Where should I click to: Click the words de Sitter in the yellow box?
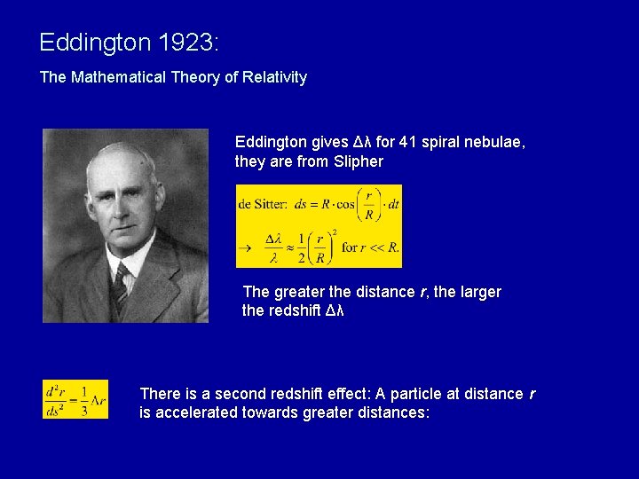[262, 204]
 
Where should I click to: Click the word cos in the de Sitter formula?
[345, 204]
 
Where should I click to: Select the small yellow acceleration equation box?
[75, 399]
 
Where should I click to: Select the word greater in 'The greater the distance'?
[298, 292]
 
